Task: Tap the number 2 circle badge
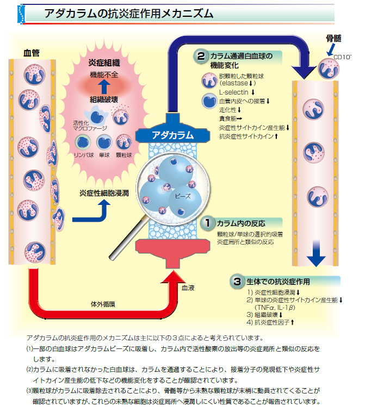pos(201,55)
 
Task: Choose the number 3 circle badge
pos(237,281)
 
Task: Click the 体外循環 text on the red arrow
pos(101,303)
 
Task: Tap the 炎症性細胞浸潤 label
pos(104,192)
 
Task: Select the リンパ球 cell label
pos(83,155)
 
